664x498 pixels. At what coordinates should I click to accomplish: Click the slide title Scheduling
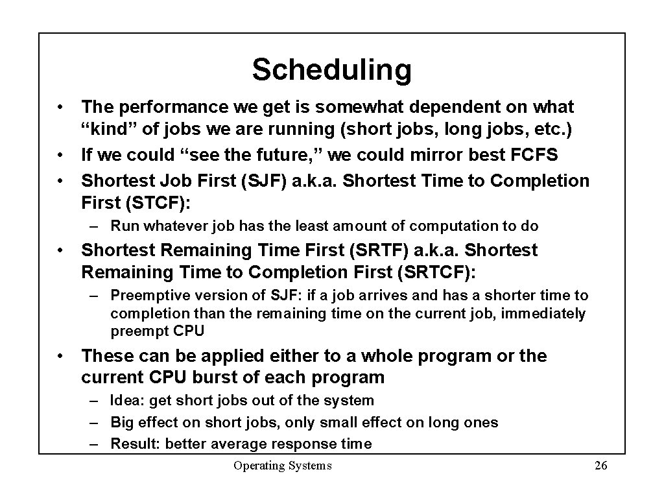[x=331, y=69]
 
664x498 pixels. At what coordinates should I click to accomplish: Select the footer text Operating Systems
[x=282, y=465]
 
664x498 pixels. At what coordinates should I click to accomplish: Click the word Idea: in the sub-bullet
[x=126, y=401]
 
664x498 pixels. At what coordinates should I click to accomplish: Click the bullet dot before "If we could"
[x=59, y=156]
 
